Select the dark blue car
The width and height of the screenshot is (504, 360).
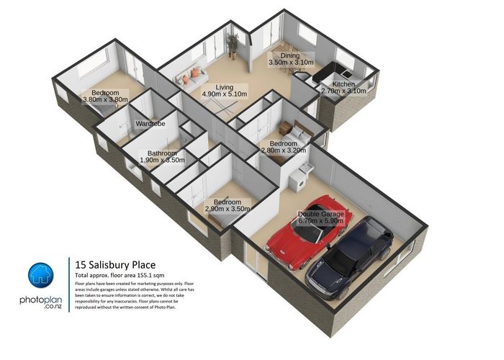(x=350, y=253)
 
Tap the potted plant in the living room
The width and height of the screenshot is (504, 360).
(x=233, y=45)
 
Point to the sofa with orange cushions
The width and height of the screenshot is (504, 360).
(x=191, y=74)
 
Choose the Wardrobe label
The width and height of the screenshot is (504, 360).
(x=150, y=124)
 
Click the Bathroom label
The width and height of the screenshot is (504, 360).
(x=162, y=153)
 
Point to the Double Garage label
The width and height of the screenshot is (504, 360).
(x=325, y=215)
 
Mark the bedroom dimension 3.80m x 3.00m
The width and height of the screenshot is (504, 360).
(x=105, y=100)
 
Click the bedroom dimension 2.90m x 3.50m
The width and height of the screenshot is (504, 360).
(x=227, y=209)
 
